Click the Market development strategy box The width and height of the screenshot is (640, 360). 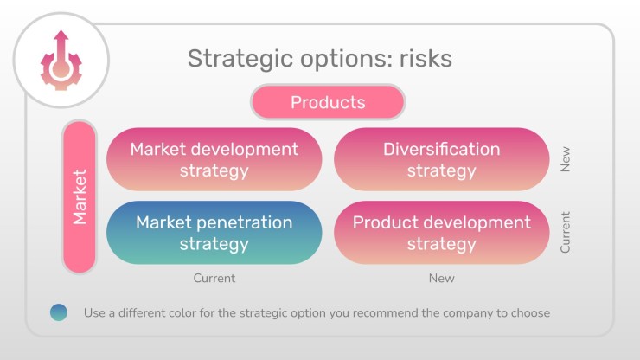click(214, 159)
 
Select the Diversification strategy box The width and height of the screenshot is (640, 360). click(441, 159)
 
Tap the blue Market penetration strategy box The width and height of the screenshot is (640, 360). click(214, 233)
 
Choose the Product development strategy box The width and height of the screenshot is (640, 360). click(441, 233)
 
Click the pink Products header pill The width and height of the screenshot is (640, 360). click(328, 102)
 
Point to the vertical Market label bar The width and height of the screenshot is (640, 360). click(80, 197)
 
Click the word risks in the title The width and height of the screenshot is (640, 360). click(426, 59)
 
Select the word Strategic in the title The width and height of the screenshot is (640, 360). click(240, 59)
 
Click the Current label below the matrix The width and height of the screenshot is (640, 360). click(214, 279)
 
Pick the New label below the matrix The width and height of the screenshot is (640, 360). click(442, 279)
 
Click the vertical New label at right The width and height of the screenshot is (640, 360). click(565, 159)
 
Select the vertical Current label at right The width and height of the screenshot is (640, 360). click(565, 233)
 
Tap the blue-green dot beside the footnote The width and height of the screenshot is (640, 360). click(59, 312)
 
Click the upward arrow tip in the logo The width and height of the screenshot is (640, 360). click(61, 31)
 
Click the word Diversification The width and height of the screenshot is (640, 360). click(442, 149)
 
